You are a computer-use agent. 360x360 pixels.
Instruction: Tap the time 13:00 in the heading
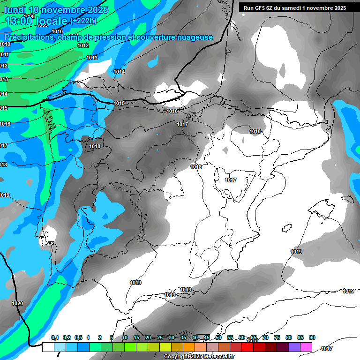tap(19, 21)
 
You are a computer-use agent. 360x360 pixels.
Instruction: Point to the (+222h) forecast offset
tap(83, 21)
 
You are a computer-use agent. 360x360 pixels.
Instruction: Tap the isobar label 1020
tap(17, 303)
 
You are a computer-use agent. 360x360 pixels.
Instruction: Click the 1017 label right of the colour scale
tap(327, 348)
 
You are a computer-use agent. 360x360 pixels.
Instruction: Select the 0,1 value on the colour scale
tap(54, 337)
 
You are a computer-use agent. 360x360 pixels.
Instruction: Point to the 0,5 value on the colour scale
tap(78, 337)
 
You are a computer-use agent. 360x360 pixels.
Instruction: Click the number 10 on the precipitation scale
tap(125, 337)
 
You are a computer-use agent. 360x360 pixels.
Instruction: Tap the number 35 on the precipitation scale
tap(183, 337)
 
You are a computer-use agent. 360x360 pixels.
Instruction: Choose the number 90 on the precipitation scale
tap(312, 337)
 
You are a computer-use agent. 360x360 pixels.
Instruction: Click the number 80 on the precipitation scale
tap(289, 337)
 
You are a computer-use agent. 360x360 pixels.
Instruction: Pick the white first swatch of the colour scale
tap(48, 347)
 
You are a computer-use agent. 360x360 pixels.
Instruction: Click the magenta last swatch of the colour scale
tap(306, 347)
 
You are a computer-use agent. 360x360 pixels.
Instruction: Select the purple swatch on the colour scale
tap(294, 347)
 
